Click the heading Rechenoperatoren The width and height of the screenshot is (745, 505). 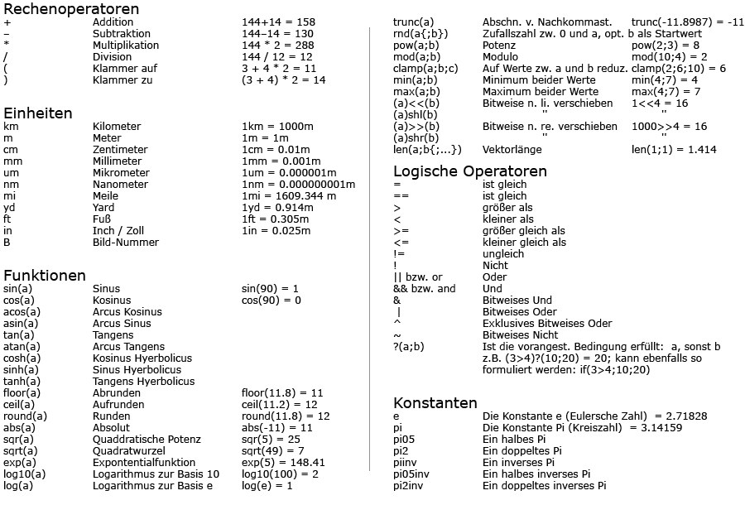[71, 9]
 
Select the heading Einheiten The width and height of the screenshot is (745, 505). [37, 113]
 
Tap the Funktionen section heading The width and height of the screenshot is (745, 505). [45, 275]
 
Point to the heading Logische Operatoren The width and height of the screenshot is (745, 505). [470, 171]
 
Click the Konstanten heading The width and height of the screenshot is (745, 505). [435, 403]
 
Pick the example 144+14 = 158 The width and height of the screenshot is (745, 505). [278, 22]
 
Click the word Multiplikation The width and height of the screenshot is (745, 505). [126, 46]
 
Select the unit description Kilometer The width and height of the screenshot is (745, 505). [117, 127]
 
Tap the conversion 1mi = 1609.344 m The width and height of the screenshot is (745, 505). [289, 196]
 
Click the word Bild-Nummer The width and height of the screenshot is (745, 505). [125, 243]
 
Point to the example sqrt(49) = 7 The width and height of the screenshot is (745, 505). [272, 451]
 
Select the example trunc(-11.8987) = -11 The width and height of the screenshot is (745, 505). [687, 22]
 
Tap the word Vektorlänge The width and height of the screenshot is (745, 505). [512, 150]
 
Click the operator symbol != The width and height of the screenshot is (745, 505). [399, 254]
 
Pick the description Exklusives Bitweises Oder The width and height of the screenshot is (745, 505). [547, 324]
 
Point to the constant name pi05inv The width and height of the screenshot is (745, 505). [411, 474]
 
